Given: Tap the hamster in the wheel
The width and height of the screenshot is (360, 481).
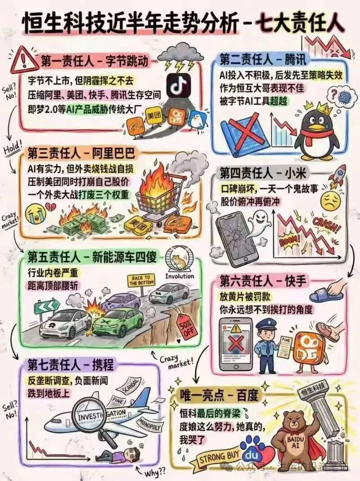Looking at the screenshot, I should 179,260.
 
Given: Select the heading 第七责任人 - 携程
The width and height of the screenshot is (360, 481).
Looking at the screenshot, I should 67,364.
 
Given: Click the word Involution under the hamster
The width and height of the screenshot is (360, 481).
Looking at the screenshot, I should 180,276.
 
